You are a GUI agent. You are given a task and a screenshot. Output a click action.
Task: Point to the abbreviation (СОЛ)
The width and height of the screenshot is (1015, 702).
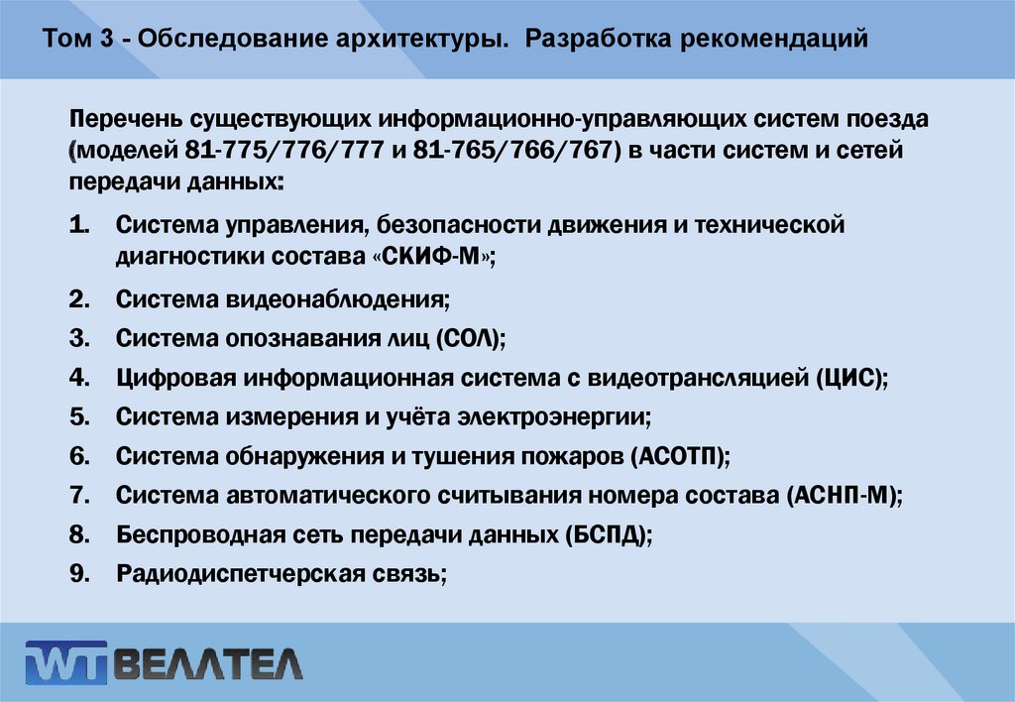tap(470, 338)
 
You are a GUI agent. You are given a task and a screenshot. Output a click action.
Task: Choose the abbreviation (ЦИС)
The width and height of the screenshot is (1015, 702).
tap(851, 378)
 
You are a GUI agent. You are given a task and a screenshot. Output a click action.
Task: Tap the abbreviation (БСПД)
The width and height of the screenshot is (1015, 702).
tap(609, 534)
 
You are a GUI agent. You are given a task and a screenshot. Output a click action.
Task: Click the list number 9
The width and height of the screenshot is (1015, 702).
tap(80, 573)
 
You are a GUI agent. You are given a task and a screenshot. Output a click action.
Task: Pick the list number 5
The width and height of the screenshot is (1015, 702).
tap(80, 416)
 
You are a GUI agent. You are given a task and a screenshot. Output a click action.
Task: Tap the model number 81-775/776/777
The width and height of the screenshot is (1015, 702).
tap(276, 152)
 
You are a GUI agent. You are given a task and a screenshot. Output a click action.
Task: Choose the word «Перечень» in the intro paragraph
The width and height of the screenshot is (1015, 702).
tap(123, 120)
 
